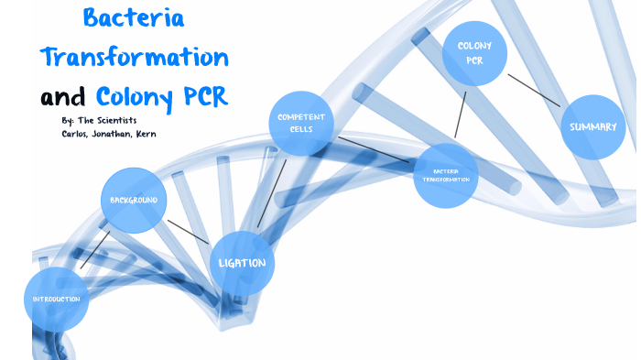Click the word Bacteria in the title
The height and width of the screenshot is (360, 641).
pos(134,17)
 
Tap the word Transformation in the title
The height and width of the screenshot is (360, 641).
pos(134,56)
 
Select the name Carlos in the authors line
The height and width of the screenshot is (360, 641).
pos(72,134)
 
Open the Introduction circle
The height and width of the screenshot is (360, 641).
pos(56,300)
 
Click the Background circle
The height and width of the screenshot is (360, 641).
pos(134,201)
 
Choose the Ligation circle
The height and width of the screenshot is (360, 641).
pos(243,264)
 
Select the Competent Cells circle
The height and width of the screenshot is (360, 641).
pos(301,124)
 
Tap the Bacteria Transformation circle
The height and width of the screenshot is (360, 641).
pos(446,175)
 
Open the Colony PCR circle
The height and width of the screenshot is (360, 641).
pos(474,53)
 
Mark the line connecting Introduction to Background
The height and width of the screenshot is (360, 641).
pos(95,249)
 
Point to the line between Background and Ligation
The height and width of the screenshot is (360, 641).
pos(189,232)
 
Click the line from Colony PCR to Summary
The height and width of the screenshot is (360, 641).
pos(534,90)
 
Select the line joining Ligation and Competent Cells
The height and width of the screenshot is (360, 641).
pos(272,193)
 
